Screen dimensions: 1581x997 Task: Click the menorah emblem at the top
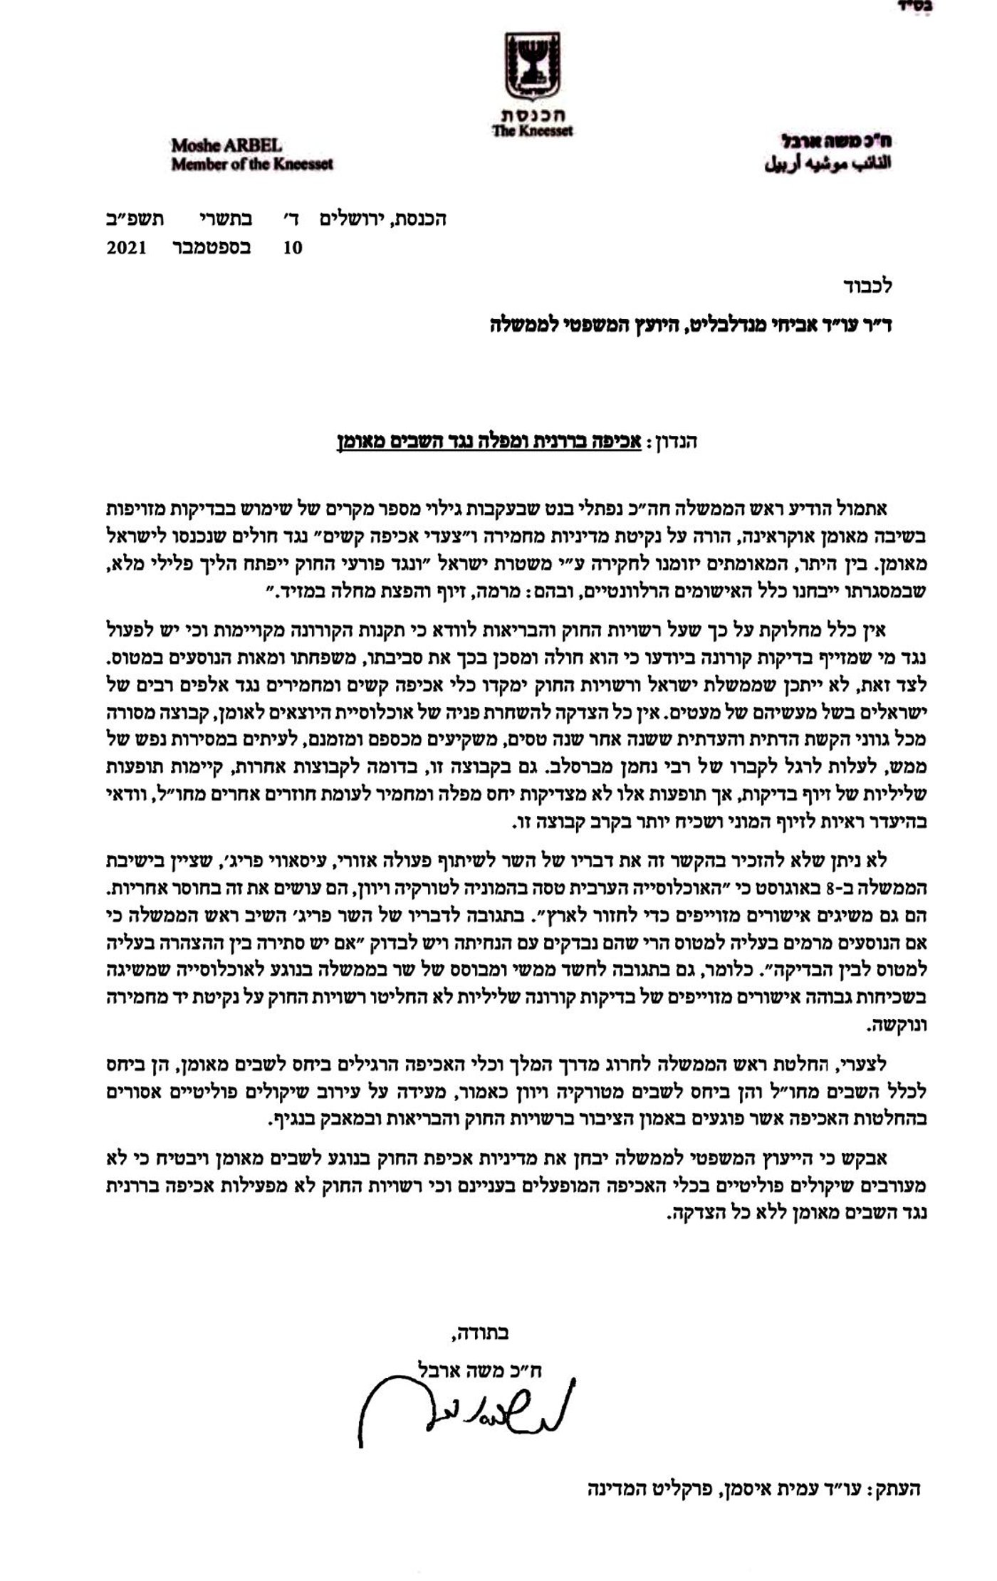[533, 65]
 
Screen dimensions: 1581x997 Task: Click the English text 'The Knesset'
[532, 131]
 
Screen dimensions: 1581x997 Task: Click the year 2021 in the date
[127, 248]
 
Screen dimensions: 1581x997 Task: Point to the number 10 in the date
[293, 248]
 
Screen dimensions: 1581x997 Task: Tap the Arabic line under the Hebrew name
[828, 165]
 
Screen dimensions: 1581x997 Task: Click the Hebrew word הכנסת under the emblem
[532, 115]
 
